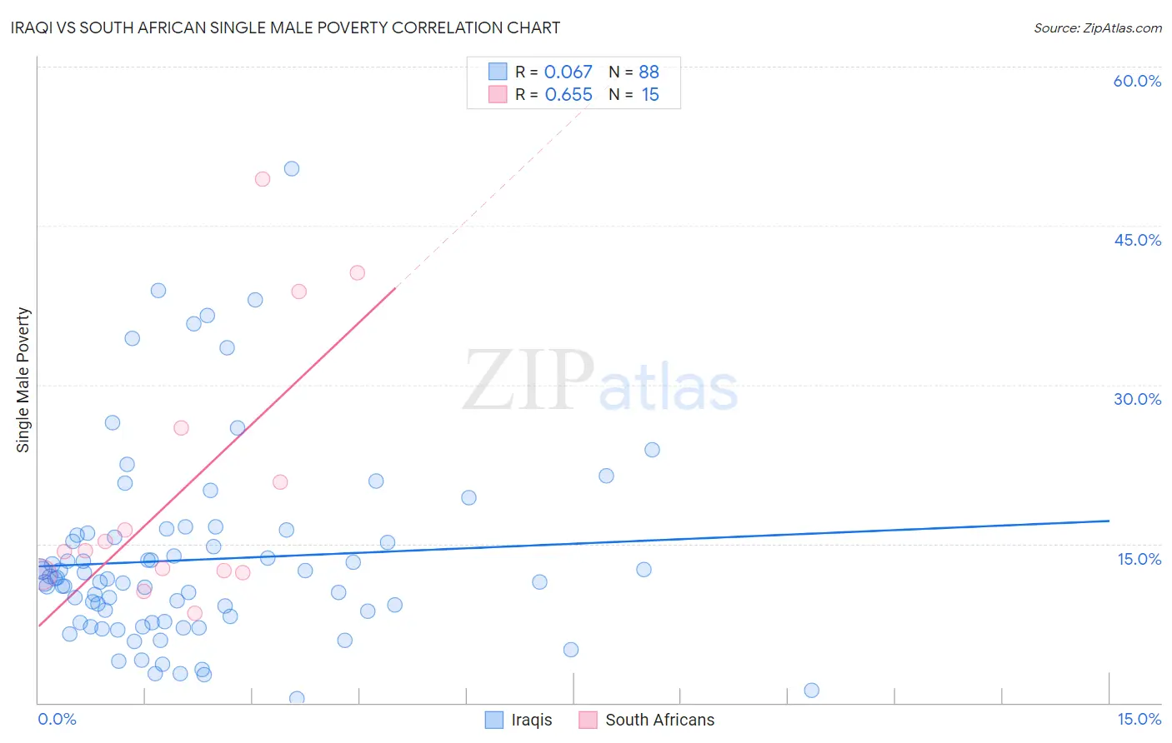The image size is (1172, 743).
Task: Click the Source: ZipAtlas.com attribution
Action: click(x=1097, y=27)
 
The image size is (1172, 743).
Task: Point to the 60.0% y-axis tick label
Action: click(x=1137, y=81)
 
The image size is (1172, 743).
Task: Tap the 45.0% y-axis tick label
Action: click(x=1137, y=240)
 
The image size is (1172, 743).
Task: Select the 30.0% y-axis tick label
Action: click(x=1137, y=399)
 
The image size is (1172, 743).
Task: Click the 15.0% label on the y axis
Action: click(x=1139, y=559)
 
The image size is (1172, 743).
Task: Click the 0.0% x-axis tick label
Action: click(x=57, y=719)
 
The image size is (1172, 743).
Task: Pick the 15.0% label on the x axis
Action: click(x=1139, y=719)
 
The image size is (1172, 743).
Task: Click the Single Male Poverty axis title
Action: click(x=23, y=380)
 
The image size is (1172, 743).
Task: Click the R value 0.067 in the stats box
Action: click(x=568, y=72)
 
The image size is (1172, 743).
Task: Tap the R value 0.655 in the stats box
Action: click(x=568, y=95)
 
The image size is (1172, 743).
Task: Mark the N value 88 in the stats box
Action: click(x=649, y=72)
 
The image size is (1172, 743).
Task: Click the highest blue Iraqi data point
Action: click(x=292, y=168)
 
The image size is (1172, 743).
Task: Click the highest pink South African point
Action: click(x=263, y=179)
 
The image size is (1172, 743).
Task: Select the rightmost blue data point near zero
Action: click(x=811, y=690)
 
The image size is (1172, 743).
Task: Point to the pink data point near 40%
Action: click(x=358, y=272)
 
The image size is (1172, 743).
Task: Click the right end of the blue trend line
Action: click(x=1108, y=521)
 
